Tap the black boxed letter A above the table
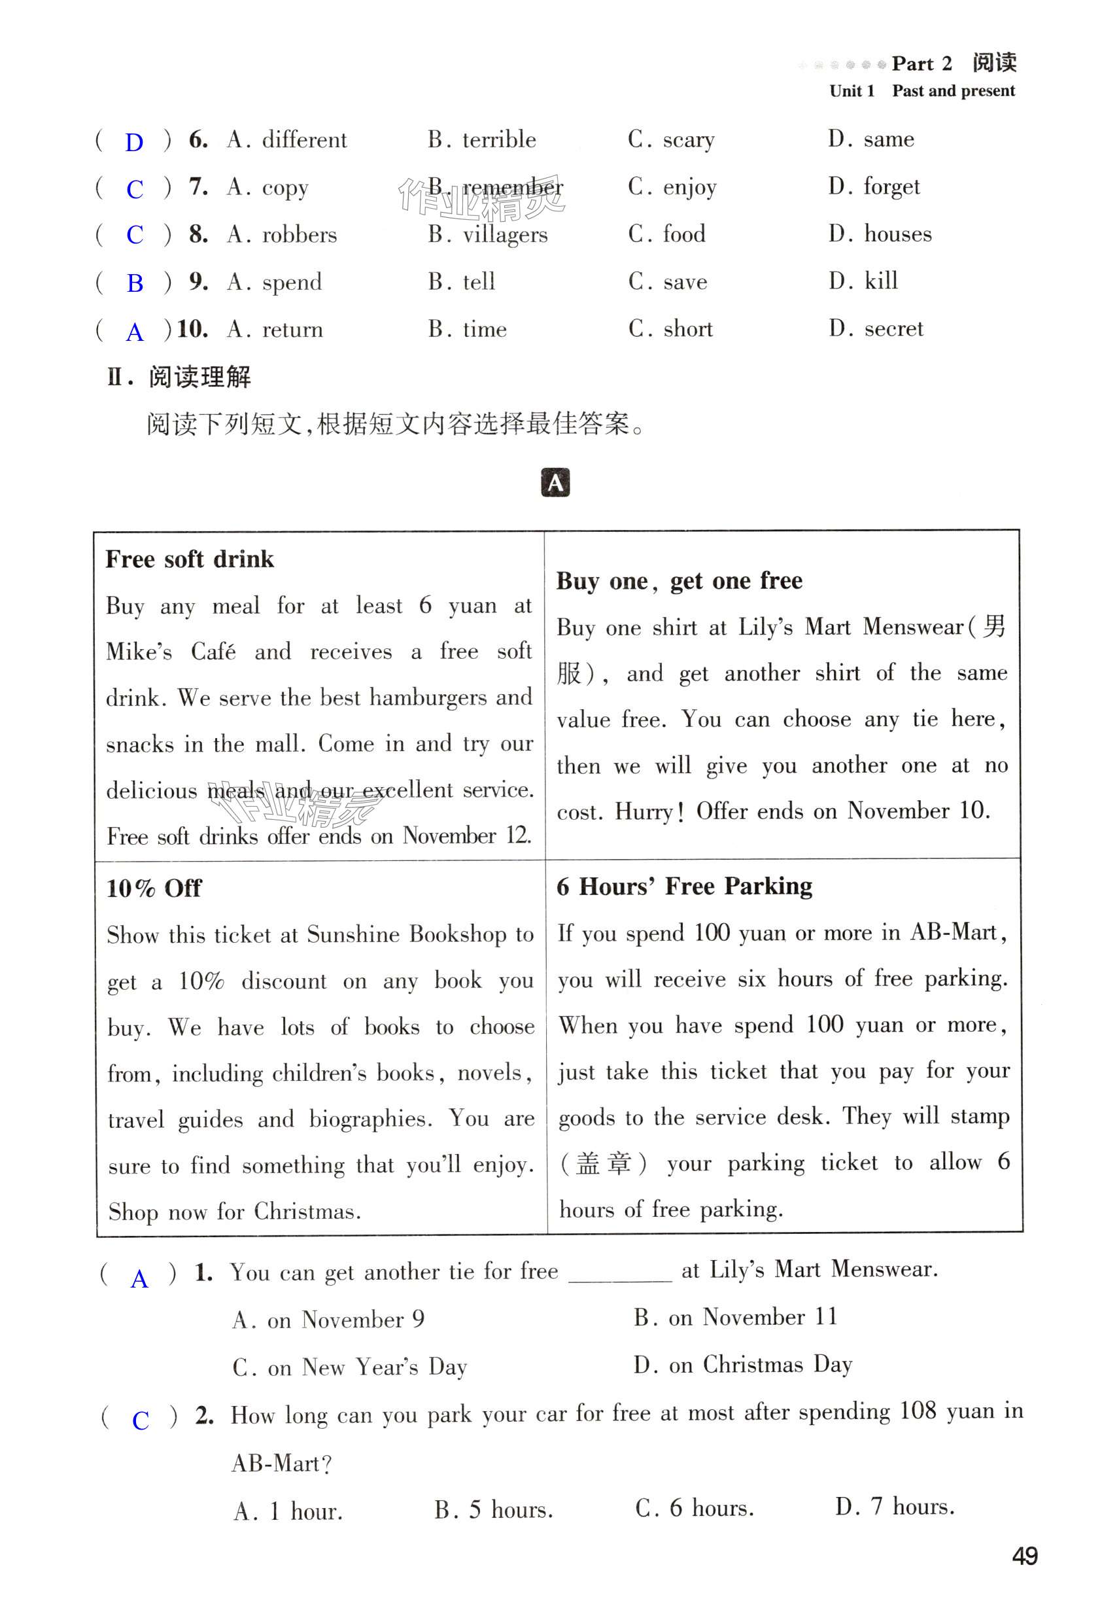554,483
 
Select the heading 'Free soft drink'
189,559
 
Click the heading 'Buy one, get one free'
679,580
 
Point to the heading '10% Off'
154,888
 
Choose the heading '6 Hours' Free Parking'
684,887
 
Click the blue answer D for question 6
133,142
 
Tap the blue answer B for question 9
135,283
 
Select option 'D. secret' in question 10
876,329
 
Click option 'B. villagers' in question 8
487,234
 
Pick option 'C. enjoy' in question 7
672,187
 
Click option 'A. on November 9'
328,1319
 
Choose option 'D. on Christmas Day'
742,1364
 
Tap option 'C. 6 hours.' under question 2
694,1507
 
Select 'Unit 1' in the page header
851,91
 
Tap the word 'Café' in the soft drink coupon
213,652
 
